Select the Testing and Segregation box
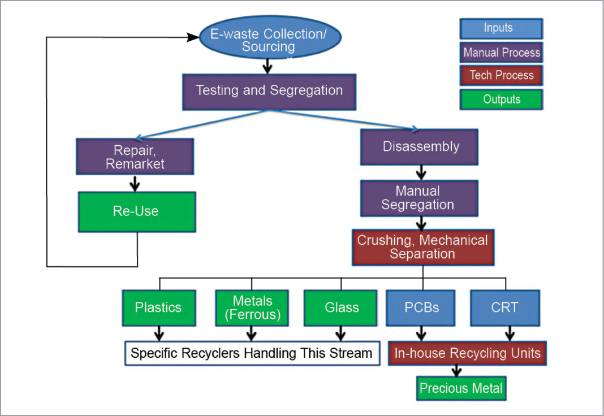click(269, 91)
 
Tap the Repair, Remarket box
click(135, 157)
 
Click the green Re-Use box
click(137, 212)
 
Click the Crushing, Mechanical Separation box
click(422, 247)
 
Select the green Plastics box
click(158, 308)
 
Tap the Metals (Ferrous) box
click(252, 308)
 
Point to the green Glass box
click(342, 308)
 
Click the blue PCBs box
click(421, 308)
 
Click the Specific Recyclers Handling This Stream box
click(252, 353)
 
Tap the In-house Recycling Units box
click(467, 354)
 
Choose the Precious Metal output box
click(461, 388)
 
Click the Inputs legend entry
click(501, 28)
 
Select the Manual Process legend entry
click(501, 53)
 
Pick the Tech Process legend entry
click(501, 76)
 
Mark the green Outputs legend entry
click(501, 99)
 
